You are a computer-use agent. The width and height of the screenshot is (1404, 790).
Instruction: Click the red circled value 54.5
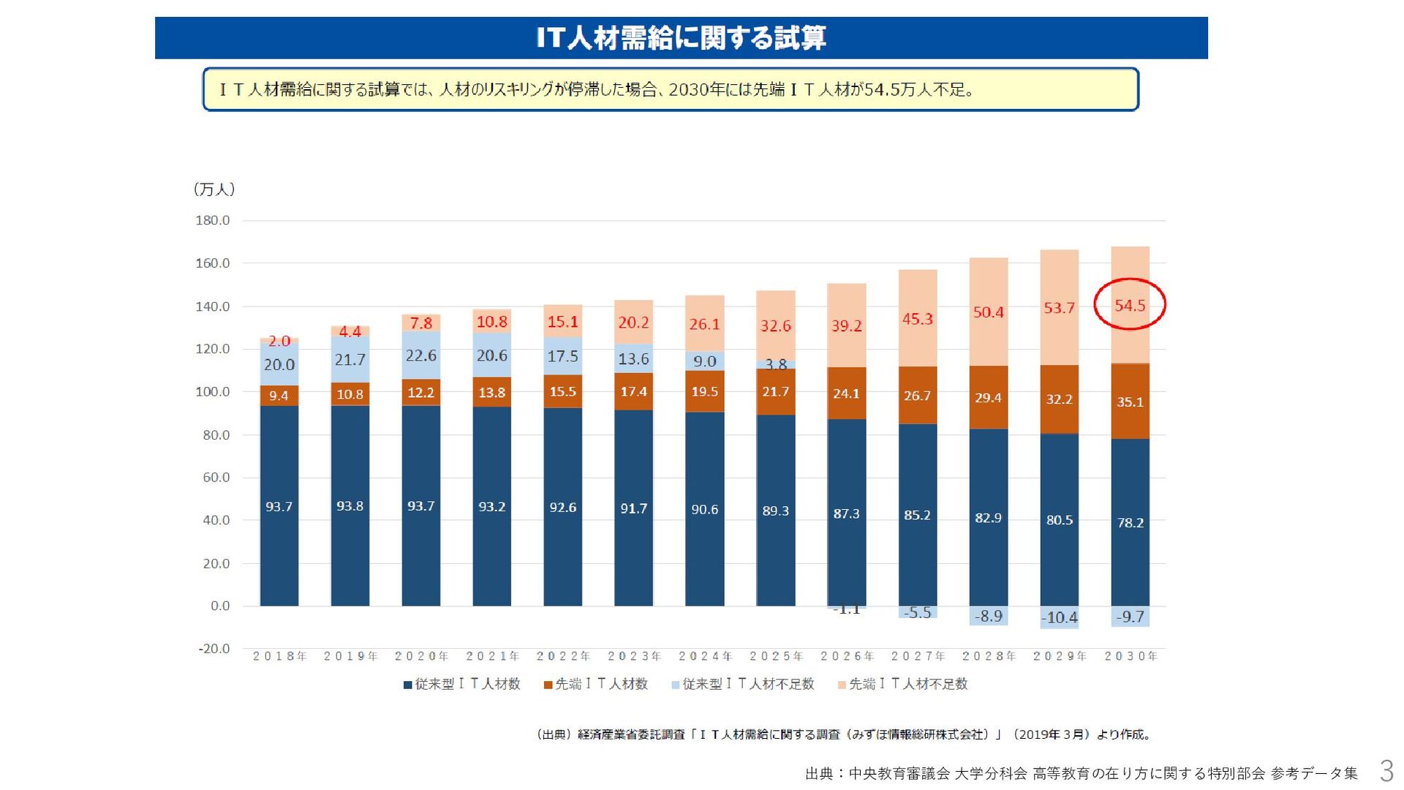coord(1129,305)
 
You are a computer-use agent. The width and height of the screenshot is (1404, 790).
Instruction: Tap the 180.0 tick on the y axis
coord(212,220)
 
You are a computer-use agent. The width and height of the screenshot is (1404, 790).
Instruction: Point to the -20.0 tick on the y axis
coord(214,649)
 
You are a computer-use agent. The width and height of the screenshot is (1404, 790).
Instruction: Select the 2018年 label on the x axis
coord(279,656)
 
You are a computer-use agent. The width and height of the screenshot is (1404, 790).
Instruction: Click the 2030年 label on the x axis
coord(1131,656)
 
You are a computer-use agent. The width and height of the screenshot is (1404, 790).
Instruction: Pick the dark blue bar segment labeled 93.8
coord(350,506)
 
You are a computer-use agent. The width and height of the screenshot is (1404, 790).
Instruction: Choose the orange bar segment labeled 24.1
coord(846,394)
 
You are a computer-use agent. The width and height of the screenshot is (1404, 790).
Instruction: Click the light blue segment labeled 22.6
coord(420,355)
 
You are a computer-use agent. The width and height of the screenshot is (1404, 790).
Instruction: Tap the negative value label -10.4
coord(1059,617)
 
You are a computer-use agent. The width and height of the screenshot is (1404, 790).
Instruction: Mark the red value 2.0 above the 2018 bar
coord(279,341)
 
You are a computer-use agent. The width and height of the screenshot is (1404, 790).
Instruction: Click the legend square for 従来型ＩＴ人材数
coord(408,685)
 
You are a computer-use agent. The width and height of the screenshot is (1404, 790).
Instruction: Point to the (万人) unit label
coord(214,189)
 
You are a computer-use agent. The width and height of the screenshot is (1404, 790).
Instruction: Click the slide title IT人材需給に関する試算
coord(681,38)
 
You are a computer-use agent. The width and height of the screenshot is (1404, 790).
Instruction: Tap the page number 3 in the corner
coord(1386,771)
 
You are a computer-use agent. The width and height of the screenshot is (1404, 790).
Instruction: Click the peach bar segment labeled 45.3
coord(917,319)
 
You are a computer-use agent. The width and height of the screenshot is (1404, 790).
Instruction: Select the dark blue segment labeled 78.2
coord(1130,522)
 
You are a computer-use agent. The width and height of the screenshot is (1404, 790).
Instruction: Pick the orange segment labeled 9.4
coord(279,396)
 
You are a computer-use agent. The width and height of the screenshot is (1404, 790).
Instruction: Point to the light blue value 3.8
coord(775,364)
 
